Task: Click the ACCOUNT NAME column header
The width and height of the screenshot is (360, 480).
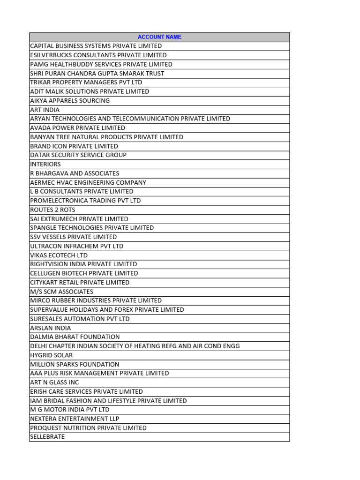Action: (x=159, y=37)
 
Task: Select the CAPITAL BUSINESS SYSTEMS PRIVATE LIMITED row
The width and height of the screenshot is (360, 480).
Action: (x=96, y=46)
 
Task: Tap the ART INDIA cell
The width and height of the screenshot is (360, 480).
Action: (x=45, y=110)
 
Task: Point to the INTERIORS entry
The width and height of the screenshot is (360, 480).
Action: (x=45, y=164)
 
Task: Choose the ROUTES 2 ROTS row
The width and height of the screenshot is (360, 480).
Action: (x=52, y=210)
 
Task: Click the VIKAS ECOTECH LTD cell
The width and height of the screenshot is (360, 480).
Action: (x=59, y=255)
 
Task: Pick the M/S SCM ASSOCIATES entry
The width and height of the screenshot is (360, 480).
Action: (x=61, y=292)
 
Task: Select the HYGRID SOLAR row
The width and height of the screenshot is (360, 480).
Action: (x=52, y=355)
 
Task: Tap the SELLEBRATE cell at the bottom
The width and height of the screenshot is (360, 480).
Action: (x=47, y=437)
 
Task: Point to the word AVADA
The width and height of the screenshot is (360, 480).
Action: (x=39, y=128)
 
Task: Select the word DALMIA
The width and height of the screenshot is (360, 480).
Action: (x=41, y=337)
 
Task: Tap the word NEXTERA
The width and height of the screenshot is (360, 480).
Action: (x=43, y=419)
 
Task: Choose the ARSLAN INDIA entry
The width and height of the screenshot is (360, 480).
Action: (x=51, y=328)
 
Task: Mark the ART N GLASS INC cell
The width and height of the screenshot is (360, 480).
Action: (x=54, y=382)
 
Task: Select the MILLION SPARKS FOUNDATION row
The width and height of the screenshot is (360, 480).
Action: (x=75, y=364)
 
